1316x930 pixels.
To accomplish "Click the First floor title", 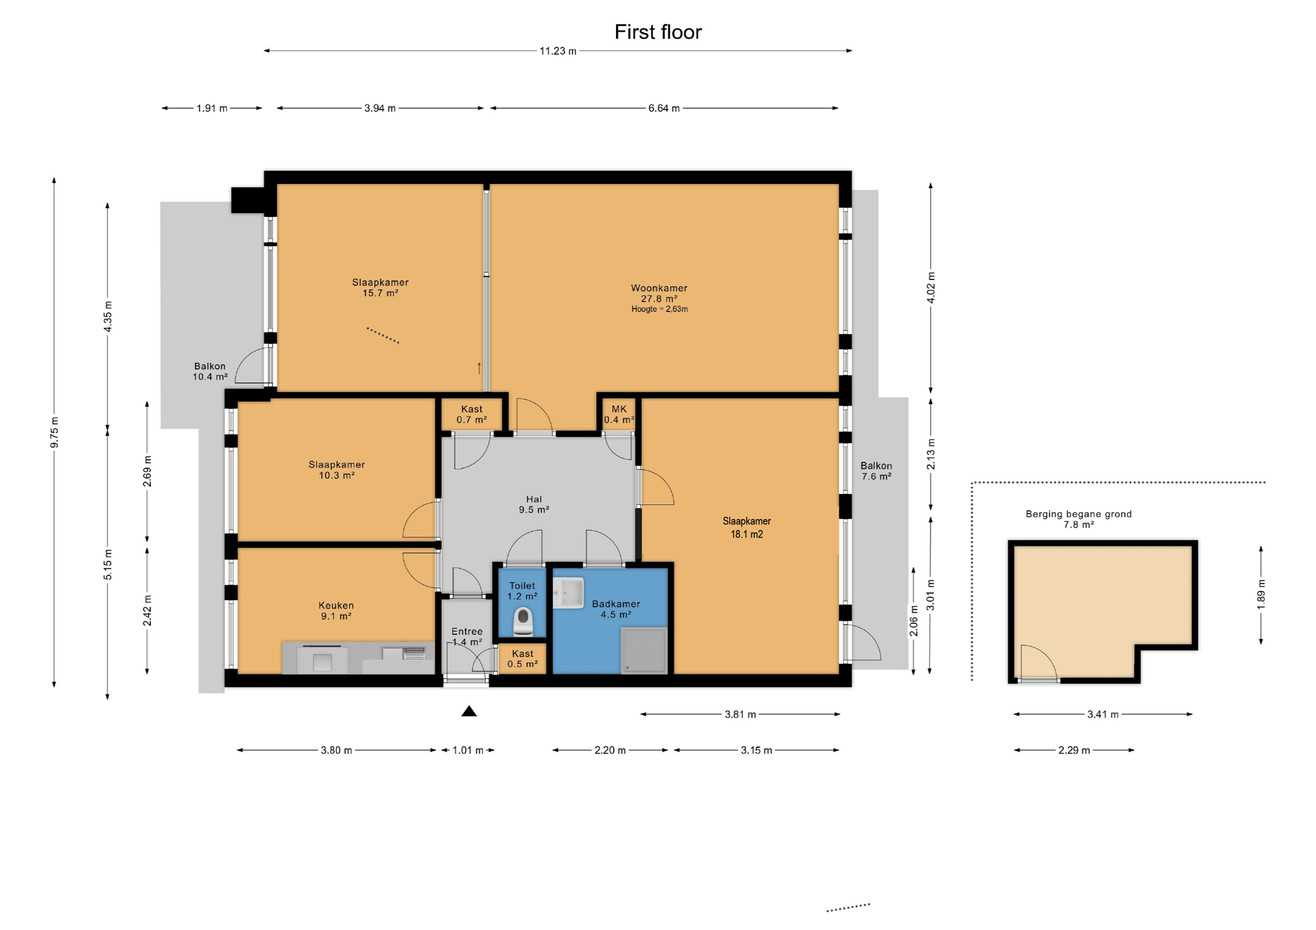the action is point(657,32).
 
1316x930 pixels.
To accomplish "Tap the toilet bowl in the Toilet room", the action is point(523,621).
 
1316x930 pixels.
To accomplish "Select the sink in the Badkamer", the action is point(568,593).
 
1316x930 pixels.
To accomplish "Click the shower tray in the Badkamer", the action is point(643,650).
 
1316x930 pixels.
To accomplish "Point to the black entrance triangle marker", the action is point(469,711).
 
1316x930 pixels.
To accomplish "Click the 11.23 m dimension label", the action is point(557,51).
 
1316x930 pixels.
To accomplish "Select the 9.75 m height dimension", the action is point(55,432).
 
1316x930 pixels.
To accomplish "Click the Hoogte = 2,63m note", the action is point(659,309).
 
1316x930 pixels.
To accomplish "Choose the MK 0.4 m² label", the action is point(619,414).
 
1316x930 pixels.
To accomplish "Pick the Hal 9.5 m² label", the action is point(534,504).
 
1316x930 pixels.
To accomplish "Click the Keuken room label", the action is point(336,610).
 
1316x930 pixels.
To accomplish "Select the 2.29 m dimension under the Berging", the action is point(1074,750).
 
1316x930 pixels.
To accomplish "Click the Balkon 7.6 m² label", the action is point(876,471).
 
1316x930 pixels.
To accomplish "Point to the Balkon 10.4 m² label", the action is point(210,371).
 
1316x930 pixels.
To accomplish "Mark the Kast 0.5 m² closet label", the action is point(522,658).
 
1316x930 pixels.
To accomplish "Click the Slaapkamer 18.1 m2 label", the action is point(746,527).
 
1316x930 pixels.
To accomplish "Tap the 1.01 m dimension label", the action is point(467,750).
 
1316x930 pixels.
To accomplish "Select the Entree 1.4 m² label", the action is point(467,636).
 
